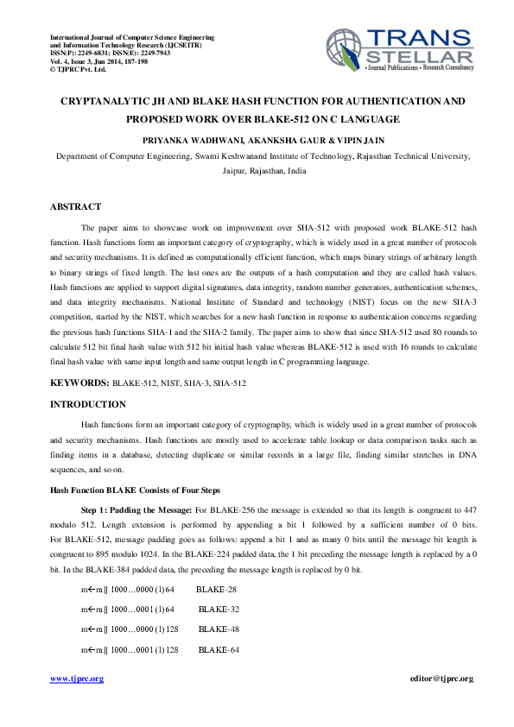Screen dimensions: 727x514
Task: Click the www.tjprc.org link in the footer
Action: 77,679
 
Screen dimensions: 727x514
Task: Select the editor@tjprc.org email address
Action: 441,679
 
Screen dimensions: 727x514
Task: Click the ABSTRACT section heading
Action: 75,206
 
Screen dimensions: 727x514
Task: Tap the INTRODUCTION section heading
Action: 88,404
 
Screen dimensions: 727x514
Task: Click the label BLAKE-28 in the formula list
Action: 216,590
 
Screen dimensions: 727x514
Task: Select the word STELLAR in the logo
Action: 420,54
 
